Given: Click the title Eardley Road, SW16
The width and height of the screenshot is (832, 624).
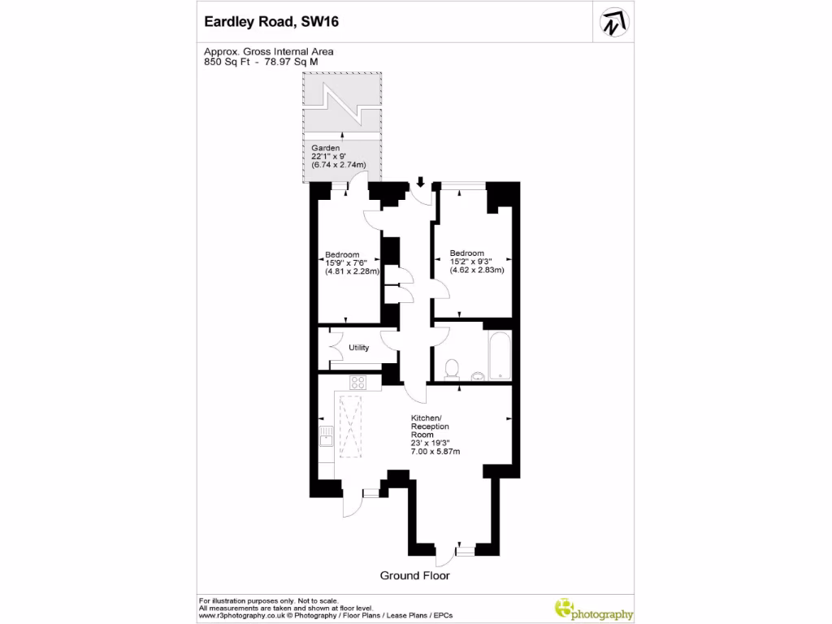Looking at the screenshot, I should point(271,23).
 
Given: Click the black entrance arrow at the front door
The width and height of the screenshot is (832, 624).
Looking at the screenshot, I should point(420,182).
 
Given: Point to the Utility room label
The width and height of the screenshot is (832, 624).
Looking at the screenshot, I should point(359,348).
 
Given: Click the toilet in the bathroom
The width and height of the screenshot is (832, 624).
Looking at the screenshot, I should point(452,370).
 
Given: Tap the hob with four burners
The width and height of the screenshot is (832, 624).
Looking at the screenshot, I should point(359,382).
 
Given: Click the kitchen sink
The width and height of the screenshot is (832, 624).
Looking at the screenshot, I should point(326,438).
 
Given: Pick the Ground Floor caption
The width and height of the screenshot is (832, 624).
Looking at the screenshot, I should point(414,575).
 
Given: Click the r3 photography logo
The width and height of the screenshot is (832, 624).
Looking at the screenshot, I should point(593,609).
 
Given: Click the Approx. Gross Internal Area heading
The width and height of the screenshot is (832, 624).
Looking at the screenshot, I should point(268,51).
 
